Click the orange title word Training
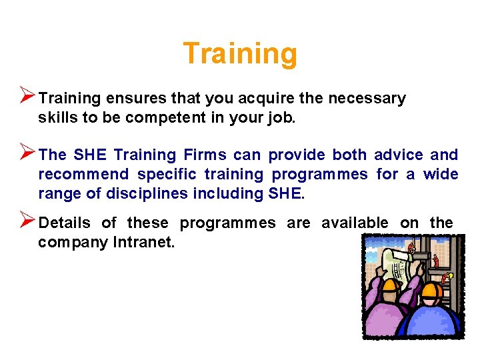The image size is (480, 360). pyautogui.click(x=240, y=54)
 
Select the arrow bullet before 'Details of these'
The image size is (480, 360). pyautogui.click(x=27, y=220)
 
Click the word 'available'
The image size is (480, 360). pyautogui.click(x=355, y=223)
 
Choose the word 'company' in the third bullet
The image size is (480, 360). pyautogui.click(x=67, y=243)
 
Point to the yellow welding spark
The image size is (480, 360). pyautogui.click(x=451, y=274)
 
